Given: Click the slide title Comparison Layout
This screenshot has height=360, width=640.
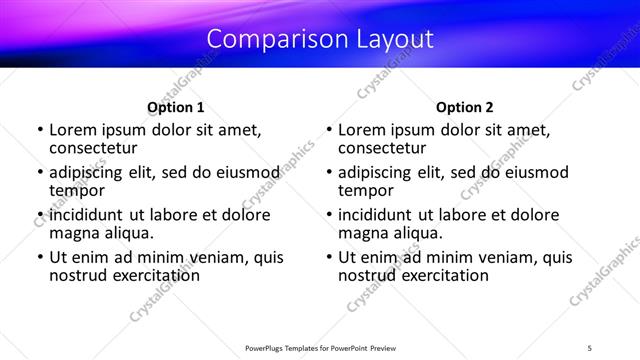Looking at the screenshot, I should point(320,39).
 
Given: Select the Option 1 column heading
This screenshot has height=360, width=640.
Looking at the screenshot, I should point(176,107).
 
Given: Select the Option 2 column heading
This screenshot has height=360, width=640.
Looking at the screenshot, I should point(465,107).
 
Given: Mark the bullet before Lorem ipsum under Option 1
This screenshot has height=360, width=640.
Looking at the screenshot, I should point(39,130).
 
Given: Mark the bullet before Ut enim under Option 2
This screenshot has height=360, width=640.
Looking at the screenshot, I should point(328,258).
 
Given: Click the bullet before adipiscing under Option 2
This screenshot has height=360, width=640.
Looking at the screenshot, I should point(328,173).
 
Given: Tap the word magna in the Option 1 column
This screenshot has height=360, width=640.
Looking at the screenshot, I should point(73,233).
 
